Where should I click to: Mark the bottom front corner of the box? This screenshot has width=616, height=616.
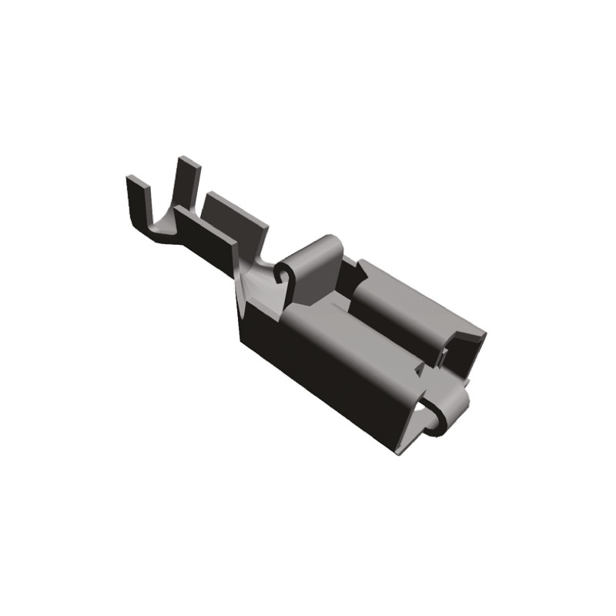[x=400, y=450]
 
